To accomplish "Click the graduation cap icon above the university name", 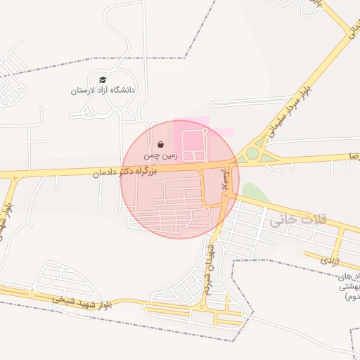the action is tap(103, 80).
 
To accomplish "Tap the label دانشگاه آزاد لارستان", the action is tap(103, 91).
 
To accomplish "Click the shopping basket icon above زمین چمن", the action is tap(162, 144).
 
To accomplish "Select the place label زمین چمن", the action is tap(162, 154).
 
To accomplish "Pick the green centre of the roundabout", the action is tap(252, 154).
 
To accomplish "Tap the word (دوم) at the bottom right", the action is tap(352, 297).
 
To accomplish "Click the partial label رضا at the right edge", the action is tap(351, 155).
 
